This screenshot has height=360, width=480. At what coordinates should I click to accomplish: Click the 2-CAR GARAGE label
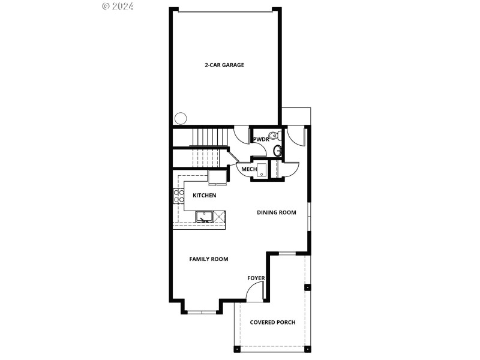tap(224, 65)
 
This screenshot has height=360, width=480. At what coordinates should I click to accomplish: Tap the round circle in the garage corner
tap(179, 118)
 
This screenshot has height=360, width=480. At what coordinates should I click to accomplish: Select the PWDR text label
tap(261, 139)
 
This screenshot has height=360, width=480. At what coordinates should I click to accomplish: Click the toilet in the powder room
tap(273, 135)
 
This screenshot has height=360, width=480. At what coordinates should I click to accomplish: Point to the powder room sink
tap(277, 150)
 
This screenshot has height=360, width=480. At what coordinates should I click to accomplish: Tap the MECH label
tap(249, 169)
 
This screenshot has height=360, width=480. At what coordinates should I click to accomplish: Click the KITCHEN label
tap(204, 196)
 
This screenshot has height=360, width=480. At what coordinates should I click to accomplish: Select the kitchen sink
tap(205, 216)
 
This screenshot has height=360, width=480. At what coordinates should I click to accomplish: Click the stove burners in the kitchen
tap(178, 196)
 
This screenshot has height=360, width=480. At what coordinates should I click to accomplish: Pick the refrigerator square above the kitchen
tap(217, 175)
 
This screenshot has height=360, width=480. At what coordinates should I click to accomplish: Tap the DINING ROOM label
tap(277, 212)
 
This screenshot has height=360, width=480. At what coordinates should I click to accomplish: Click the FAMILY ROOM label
tap(209, 259)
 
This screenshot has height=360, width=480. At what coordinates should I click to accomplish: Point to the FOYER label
tap(256, 278)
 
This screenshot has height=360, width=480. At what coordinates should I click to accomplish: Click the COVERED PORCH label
tap(272, 322)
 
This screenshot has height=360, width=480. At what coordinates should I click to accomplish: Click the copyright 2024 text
tap(118, 7)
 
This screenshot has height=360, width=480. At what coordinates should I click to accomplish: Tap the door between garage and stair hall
tap(241, 136)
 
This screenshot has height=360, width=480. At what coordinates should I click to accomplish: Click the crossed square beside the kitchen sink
tap(220, 215)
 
